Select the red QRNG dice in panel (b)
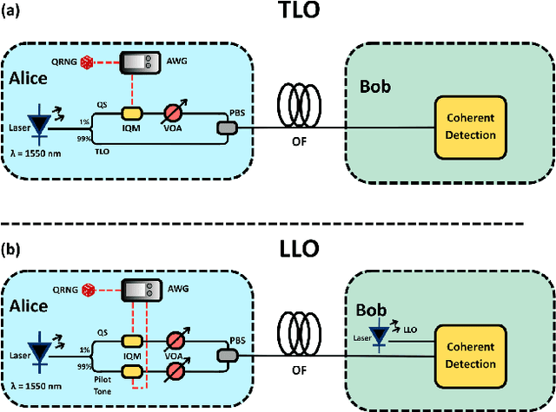pos(87,291)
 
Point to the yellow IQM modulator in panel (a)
pos(133,113)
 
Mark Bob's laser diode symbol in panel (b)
pos(379,340)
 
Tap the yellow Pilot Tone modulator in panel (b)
pos(133,370)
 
